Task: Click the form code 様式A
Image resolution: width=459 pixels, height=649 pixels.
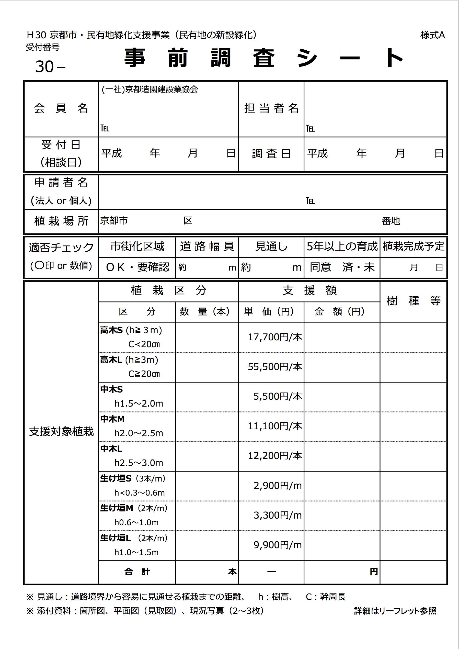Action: click(432, 35)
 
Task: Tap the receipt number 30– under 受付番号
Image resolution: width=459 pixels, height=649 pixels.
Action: click(50, 67)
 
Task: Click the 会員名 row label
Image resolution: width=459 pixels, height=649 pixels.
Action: click(61, 108)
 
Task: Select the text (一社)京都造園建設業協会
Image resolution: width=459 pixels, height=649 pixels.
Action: click(150, 89)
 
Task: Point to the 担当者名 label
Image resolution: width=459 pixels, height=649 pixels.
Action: click(271, 108)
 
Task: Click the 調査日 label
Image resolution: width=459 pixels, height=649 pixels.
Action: click(271, 153)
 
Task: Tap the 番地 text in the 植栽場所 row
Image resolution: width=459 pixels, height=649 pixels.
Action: click(391, 221)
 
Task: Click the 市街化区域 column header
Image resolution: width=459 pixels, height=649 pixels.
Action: click(137, 246)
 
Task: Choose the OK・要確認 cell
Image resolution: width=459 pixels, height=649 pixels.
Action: click(137, 267)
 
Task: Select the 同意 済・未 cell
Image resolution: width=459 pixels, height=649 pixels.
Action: click(342, 267)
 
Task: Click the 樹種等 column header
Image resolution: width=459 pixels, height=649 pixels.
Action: click(413, 301)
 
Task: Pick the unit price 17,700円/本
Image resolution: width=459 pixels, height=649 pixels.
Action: click(275, 337)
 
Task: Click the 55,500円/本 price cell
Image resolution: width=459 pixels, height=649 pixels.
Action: click(275, 367)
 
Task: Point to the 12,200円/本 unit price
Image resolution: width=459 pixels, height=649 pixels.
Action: click(275, 456)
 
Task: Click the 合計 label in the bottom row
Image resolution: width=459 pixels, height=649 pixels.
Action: click(137, 572)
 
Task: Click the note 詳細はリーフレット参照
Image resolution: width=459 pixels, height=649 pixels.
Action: click(395, 611)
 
